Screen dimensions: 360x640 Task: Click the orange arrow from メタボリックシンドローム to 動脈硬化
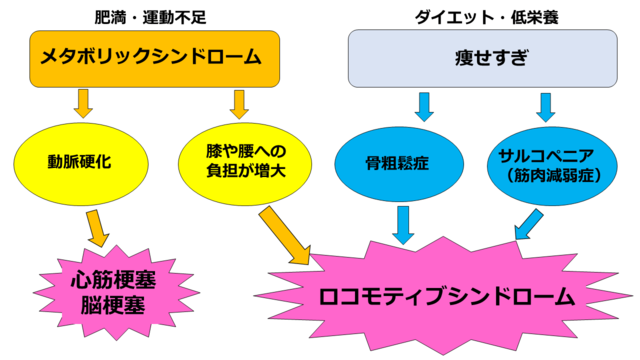(83, 102)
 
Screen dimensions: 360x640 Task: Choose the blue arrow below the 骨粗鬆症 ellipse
(404, 223)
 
